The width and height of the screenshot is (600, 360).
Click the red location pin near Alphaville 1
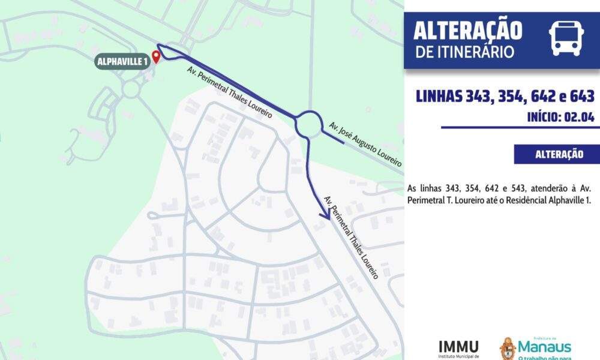(156, 57)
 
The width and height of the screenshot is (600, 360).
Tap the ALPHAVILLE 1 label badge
(122, 61)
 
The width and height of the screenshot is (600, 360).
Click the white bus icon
(566, 37)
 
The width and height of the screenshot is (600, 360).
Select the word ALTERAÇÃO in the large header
(468, 29)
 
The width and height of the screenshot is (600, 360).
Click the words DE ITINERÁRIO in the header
(464, 52)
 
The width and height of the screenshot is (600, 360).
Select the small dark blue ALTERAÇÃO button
(559, 154)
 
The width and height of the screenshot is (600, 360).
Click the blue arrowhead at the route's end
(325, 212)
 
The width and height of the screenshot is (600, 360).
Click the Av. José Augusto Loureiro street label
(365, 144)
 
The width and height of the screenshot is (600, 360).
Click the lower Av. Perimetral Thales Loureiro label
(351, 237)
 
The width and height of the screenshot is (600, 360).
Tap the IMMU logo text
(459, 346)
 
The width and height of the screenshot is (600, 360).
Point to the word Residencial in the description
(521, 200)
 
